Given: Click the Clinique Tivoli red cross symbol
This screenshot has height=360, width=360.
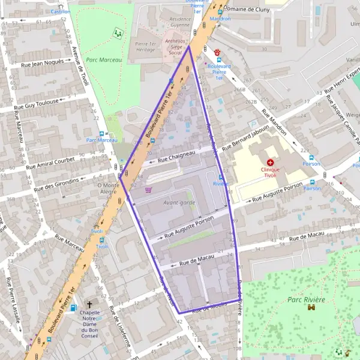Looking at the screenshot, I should coord(271,163).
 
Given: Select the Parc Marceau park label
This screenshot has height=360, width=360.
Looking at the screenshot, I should coord(101,59).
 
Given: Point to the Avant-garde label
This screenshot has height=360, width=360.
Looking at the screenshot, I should coord(179,202).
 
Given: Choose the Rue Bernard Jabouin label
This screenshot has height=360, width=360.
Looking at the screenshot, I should coord(245,140).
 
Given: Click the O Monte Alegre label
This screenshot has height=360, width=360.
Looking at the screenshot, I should coord(109,189).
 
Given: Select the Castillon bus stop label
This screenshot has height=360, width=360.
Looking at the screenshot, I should coord(61,11).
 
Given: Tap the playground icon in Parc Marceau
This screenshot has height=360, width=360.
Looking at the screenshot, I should coord(118,33).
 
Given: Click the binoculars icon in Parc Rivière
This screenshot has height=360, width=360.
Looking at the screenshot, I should coord(311,308).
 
